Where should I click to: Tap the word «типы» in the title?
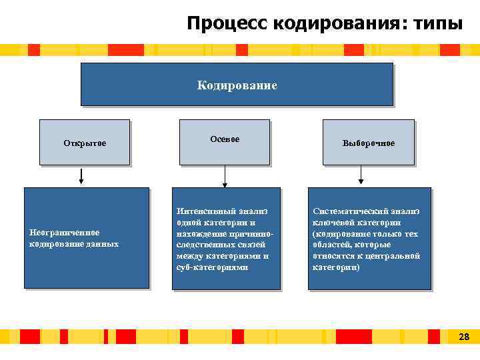[437, 24]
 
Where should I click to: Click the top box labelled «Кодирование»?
[237, 85]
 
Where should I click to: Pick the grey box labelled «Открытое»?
[85, 142]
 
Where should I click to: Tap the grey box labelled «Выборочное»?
[368, 143]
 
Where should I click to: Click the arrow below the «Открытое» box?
[81, 176]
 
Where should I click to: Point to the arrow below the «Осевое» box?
[225, 176]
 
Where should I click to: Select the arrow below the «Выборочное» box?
[361, 176]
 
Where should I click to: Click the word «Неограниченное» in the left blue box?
[65, 233]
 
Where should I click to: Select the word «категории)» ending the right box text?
[336, 267]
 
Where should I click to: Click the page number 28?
[464, 337]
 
